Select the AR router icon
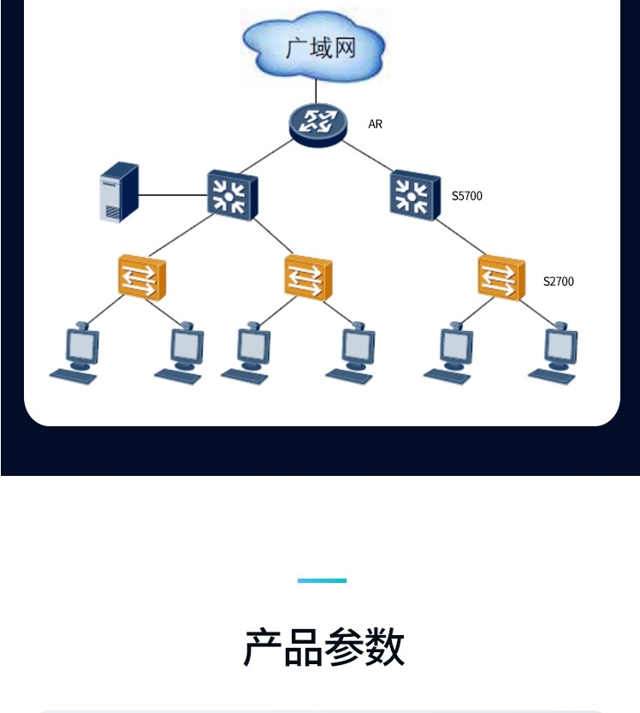tap(318, 122)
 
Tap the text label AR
tap(375, 125)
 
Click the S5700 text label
tap(467, 197)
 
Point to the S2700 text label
tap(559, 282)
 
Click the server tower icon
tap(119, 193)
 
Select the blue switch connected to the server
tap(231, 195)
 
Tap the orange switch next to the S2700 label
tap(501, 276)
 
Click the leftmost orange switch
tap(141, 276)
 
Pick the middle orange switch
tap(307, 276)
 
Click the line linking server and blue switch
tap(173, 195)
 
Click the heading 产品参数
tap(323, 647)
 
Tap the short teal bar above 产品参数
tap(322, 580)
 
